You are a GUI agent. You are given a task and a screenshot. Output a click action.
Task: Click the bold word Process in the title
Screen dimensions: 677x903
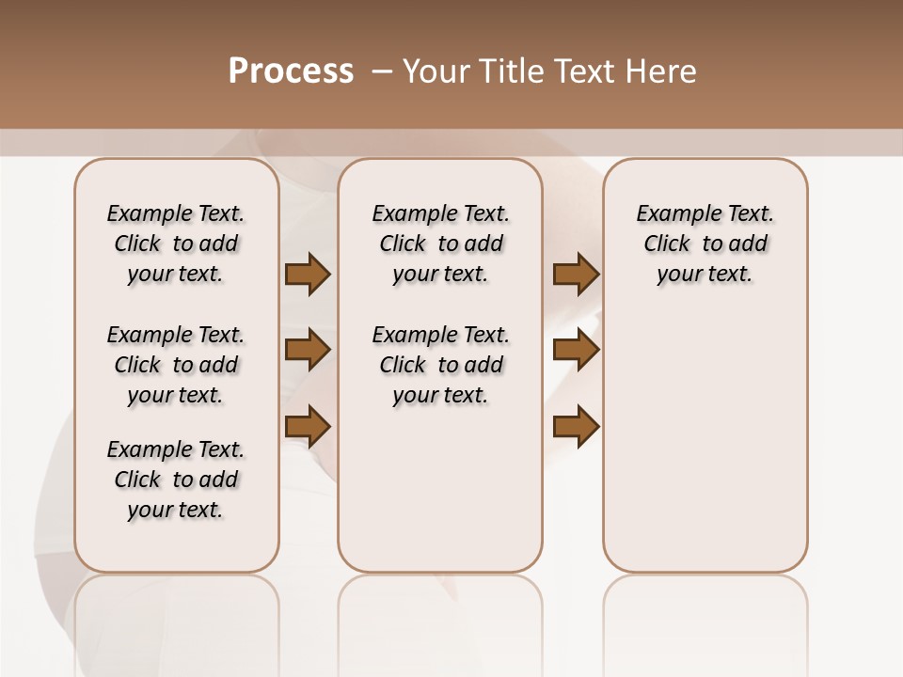[291, 71]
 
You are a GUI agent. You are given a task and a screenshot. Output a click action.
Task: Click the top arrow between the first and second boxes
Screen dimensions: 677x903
[308, 274]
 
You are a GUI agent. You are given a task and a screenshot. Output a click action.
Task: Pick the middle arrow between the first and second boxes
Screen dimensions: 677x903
[308, 350]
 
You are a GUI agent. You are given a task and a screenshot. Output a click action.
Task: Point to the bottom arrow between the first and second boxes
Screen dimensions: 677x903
[308, 426]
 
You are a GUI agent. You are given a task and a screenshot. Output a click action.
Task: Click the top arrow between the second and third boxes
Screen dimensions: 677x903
[576, 274]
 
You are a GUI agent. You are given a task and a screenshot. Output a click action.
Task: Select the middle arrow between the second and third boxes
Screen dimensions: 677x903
[576, 350]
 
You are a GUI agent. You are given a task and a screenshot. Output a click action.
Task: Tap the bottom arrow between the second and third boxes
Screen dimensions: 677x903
[576, 426]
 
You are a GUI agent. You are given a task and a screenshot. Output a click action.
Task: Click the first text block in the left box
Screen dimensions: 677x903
[176, 244]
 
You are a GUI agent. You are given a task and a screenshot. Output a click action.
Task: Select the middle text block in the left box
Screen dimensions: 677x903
[176, 365]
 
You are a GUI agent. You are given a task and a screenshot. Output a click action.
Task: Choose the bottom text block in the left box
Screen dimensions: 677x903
[176, 480]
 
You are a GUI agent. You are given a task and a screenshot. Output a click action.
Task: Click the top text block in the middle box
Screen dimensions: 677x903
[440, 244]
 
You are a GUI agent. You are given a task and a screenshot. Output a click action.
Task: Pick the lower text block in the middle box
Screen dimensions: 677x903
[440, 365]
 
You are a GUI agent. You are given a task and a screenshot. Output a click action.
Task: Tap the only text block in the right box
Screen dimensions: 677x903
[705, 244]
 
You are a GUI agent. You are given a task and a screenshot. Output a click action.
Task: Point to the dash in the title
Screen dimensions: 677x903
[382, 71]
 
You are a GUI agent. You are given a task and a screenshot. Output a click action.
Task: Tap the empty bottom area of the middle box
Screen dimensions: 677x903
[440, 498]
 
